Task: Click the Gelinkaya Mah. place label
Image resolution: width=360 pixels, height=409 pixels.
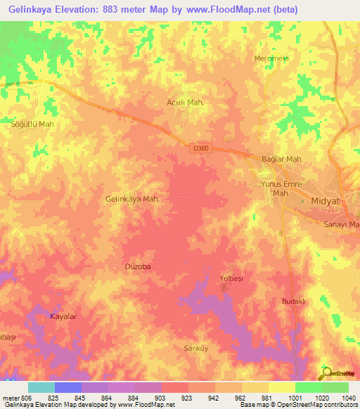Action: click(x=132, y=199)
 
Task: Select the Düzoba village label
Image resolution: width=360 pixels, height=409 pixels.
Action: click(x=138, y=267)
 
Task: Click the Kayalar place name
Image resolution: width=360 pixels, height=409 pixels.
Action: click(x=63, y=317)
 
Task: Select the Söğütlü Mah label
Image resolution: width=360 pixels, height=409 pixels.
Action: click(x=32, y=124)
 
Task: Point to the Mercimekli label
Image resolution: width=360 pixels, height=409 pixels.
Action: click(x=272, y=58)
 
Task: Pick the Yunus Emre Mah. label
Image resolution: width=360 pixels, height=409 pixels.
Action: click(x=276, y=188)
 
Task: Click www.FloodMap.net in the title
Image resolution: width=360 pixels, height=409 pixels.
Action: click(x=221, y=10)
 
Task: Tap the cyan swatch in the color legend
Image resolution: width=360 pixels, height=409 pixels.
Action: click(x=41, y=387)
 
